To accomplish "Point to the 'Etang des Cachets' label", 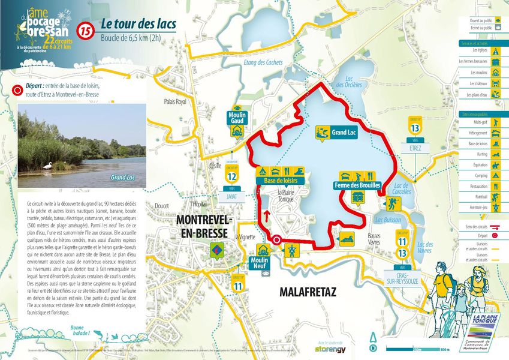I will (263, 62).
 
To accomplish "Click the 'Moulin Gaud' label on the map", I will (238, 118).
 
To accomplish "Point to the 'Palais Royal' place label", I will (175, 102).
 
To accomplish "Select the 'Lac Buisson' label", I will (388, 220).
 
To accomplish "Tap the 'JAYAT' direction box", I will (231, 196).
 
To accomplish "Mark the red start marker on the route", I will (276, 241).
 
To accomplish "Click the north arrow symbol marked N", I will (374, 342).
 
